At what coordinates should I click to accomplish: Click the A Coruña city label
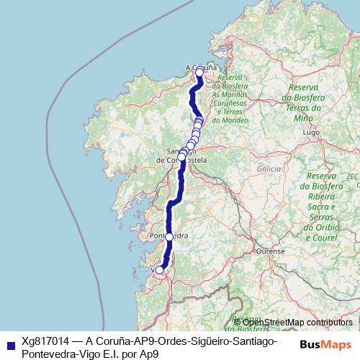pyautogui.click(x=201, y=66)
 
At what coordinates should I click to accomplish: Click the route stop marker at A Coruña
pyautogui.click(x=199, y=73)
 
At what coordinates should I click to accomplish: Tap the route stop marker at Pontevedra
pyautogui.click(x=169, y=236)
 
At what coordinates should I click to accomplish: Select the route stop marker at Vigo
pyautogui.click(x=160, y=270)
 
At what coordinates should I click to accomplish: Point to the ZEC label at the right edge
pyautogui.click(x=352, y=176)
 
